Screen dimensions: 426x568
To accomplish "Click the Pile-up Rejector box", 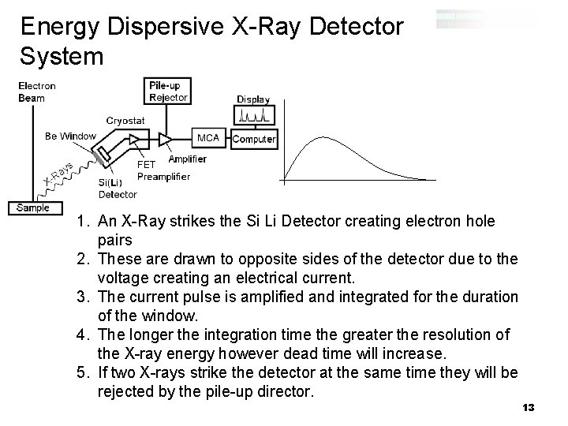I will pyautogui.click(x=168, y=91).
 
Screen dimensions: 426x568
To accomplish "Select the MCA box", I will pyautogui.click(x=208, y=138).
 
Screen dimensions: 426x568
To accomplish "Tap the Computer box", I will pyautogui.click(x=254, y=139).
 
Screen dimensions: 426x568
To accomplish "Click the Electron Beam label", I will pyautogui.click(x=37, y=92).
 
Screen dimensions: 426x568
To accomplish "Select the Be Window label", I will pyautogui.click(x=70, y=136).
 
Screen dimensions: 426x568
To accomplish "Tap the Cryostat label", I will pyautogui.click(x=125, y=120).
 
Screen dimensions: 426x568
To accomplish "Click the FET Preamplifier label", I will pyautogui.click(x=163, y=170).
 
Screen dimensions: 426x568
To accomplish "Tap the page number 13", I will pyautogui.click(x=529, y=407).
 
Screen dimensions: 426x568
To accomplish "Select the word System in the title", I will pyautogui.click(x=62, y=57).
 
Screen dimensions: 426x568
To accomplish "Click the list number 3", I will pyautogui.click(x=84, y=297).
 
